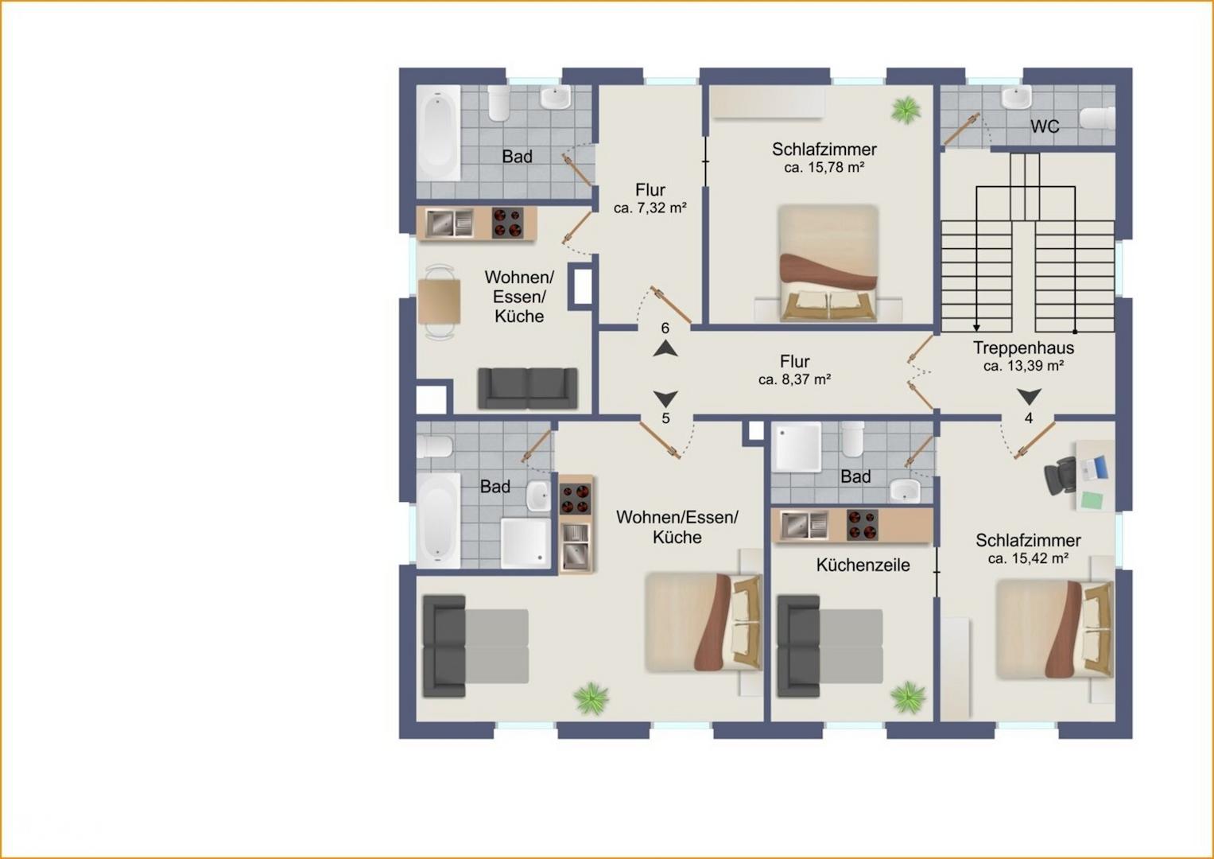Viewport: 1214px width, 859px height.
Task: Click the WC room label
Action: pyautogui.click(x=1045, y=126)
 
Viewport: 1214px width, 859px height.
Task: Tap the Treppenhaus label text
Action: pyautogui.click(x=1023, y=348)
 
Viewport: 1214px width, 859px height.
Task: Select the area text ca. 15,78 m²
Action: pyautogui.click(x=824, y=168)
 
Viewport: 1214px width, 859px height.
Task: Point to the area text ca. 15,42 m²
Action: pyautogui.click(x=1028, y=558)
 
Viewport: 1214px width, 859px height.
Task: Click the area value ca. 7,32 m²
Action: pyautogui.click(x=650, y=208)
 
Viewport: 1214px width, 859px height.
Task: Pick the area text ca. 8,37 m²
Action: pyautogui.click(x=794, y=379)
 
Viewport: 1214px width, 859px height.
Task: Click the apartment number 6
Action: pyautogui.click(x=665, y=328)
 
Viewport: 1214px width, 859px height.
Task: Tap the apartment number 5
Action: pyautogui.click(x=665, y=418)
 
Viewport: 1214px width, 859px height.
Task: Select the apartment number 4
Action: pyautogui.click(x=1029, y=418)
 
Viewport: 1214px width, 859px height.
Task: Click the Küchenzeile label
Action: pyautogui.click(x=863, y=565)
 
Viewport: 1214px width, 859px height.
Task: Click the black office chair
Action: pyautogui.click(x=1061, y=476)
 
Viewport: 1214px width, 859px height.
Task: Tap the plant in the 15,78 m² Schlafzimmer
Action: pyautogui.click(x=906, y=110)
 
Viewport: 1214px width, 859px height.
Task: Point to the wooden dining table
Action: pyautogui.click(x=439, y=301)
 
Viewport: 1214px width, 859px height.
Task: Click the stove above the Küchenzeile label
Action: pyautogui.click(x=863, y=525)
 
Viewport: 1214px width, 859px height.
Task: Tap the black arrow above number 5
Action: pyautogui.click(x=665, y=399)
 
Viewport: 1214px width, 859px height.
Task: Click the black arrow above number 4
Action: pyautogui.click(x=1029, y=396)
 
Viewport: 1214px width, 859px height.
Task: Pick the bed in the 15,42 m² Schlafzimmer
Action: pyautogui.click(x=1055, y=629)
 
